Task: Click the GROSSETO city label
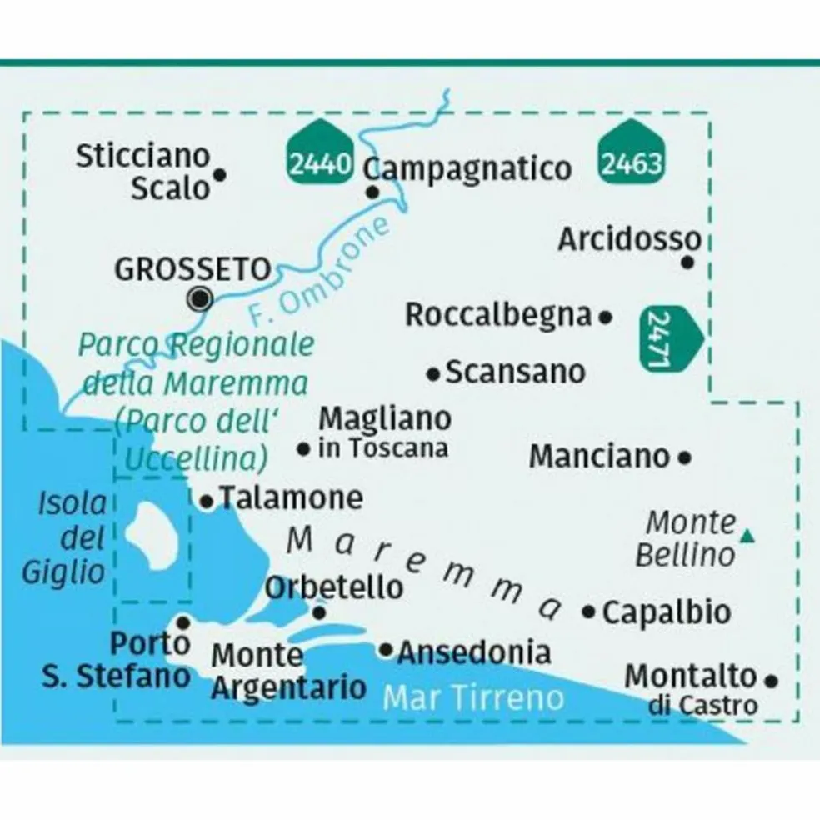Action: [192, 269]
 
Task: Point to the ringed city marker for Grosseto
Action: [200, 298]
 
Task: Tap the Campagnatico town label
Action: [469, 169]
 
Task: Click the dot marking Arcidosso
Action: [687, 262]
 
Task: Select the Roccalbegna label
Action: [498, 315]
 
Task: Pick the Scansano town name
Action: [515, 372]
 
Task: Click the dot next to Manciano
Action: [685, 457]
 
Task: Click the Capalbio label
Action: [666, 612]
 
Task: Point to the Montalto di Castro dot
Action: [771, 680]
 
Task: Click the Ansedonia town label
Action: [474, 652]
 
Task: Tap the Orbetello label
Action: [333, 587]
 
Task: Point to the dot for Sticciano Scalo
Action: [220, 175]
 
